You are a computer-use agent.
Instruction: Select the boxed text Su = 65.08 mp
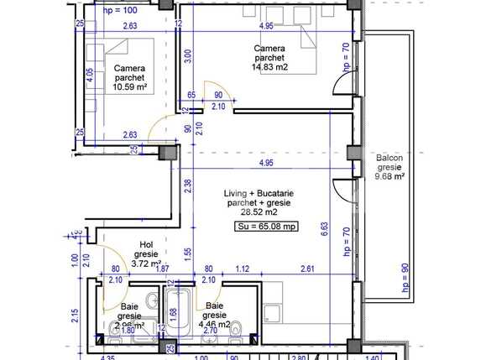pos(265,226)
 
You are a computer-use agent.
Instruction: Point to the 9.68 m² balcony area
pos(389,176)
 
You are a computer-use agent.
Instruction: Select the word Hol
pos(146,245)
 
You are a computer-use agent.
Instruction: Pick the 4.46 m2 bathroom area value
pos(215,325)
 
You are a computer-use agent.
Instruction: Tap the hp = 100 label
pos(119,11)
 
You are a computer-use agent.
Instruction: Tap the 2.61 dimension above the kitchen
pos(308,269)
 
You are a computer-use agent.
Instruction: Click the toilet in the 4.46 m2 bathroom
pos(238,330)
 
